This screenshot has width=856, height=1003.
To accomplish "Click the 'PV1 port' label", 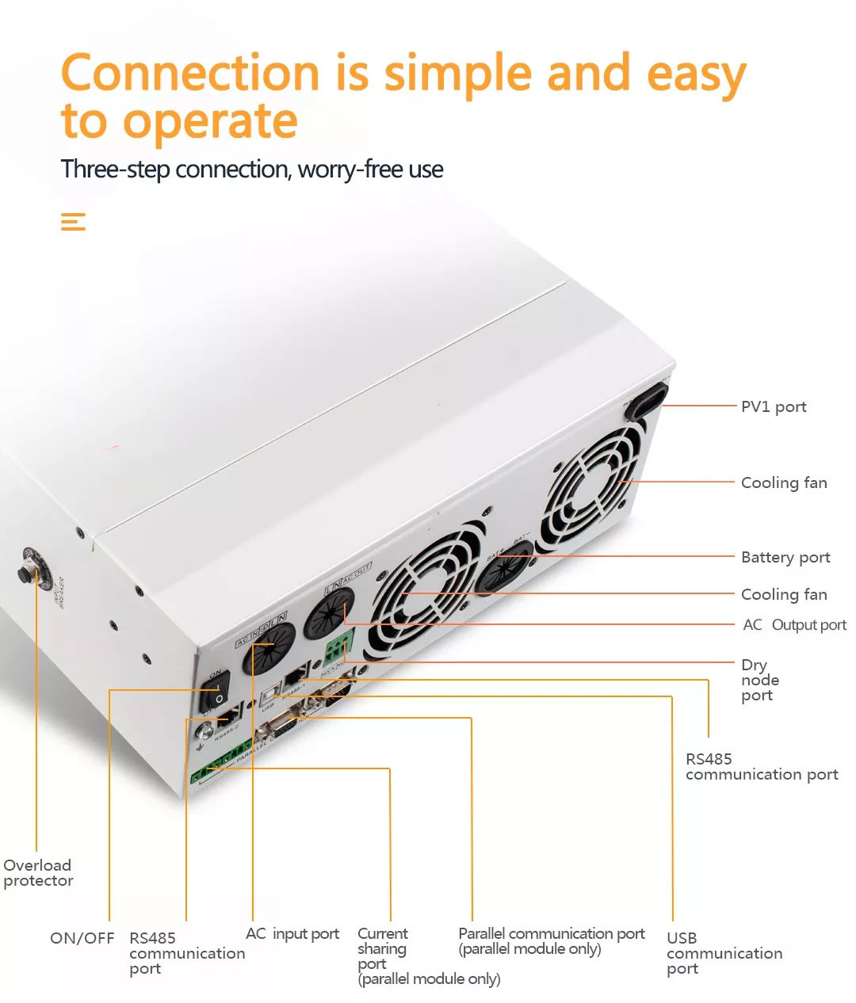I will (773, 406).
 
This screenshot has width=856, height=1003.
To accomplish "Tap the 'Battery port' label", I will (785, 557).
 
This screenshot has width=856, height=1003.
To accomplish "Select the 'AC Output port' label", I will (794, 625).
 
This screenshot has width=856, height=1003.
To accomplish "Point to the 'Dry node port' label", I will (759, 680).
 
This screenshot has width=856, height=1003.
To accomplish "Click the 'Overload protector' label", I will (38, 872).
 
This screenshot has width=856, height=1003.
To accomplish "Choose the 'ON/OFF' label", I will (82, 938).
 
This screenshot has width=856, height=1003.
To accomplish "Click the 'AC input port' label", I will (292, 934).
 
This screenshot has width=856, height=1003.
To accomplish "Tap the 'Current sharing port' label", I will (382, 948).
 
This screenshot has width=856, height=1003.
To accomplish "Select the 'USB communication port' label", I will (724, 953).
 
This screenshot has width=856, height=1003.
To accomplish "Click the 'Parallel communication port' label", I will (551, 934).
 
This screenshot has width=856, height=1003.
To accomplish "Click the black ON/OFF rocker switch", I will (216, 691).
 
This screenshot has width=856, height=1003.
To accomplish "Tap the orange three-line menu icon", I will (73, 222).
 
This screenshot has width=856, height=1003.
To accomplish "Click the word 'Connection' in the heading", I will (190, 73).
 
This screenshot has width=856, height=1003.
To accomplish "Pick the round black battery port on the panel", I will (503, 566).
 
